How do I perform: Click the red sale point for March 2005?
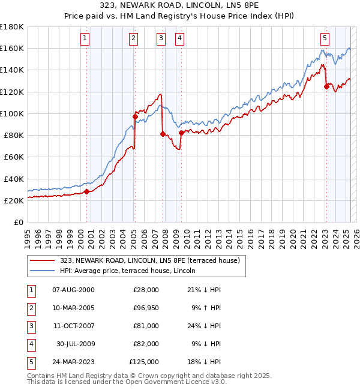[x=135, y=116]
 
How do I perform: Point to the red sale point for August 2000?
[x=86, y=191]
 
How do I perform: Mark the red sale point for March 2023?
[x=326, y=86]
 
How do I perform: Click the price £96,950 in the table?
[x=144, y=308]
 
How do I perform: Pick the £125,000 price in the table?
[x=144, y=362]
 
